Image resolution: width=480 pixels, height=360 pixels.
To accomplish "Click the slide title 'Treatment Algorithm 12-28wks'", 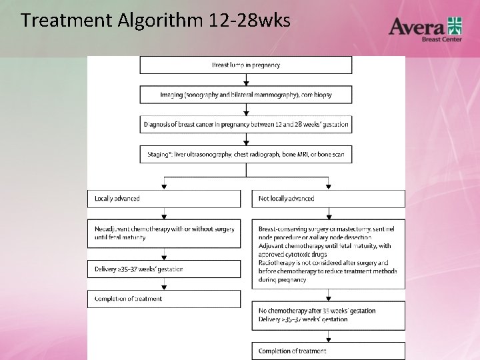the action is coord(155,21).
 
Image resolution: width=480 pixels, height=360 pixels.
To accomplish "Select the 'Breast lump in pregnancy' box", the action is coord(245,65).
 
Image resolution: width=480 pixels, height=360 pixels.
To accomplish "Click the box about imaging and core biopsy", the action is coord(245,95).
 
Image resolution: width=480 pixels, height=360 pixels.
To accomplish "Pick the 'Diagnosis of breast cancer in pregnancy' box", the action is coord(245,125).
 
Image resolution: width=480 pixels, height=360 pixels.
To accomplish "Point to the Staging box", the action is coord(245,155).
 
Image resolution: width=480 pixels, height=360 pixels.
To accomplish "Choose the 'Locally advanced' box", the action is coord(164,199).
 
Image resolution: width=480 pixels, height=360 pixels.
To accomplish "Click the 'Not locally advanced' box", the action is coord(328,199).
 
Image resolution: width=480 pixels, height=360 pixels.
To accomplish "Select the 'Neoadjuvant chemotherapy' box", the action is coord(164,233).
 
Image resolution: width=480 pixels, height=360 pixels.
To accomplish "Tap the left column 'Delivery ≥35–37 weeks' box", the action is coord(164,269).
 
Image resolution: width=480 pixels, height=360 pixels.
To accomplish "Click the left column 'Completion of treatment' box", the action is coord(164,299).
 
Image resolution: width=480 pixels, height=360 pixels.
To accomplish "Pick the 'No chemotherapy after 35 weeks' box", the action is coord(328,315).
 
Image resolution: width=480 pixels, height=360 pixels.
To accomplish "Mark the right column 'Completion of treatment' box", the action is coord(328,351).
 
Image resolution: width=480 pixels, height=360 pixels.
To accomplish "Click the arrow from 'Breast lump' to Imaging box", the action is coord(246,80).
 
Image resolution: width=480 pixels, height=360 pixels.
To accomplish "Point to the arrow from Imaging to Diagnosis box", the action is coord(246,110).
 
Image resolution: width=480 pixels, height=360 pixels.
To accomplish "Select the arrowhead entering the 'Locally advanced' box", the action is coord(164,187).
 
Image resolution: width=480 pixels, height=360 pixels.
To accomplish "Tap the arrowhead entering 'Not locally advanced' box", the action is coord(328,187).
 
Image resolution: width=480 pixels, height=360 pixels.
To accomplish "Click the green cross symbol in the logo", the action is coord(455,25).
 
